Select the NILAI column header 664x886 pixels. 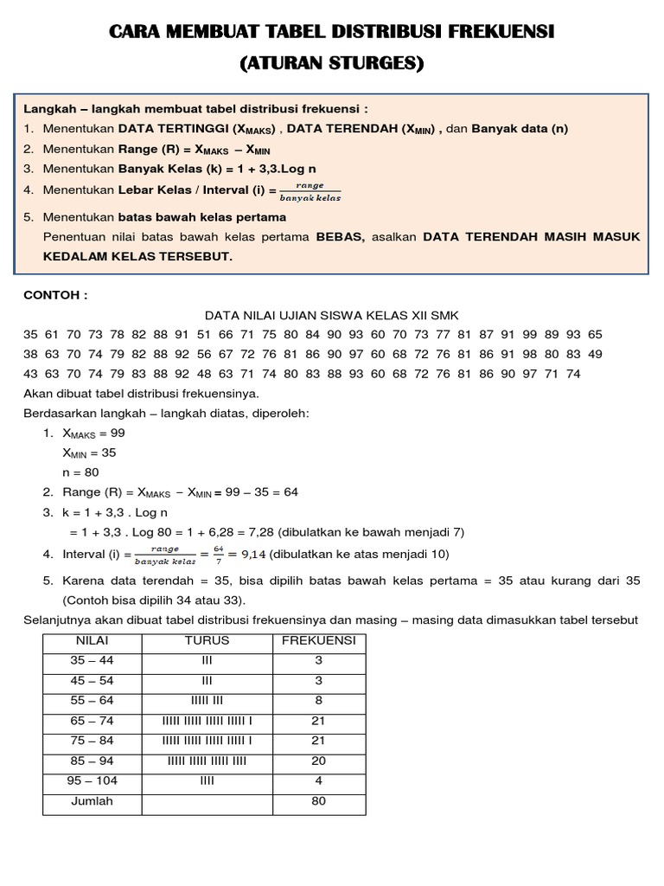pos(93,641)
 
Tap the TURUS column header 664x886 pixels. pos(207,641)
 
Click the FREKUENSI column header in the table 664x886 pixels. pos(318,641)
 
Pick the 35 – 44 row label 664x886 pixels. pos(93,661)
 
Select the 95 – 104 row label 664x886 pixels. pos(93,781)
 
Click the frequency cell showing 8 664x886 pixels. pos(318,701)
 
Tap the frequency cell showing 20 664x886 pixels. pos(318,761)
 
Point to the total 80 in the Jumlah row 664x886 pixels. pos(318,801)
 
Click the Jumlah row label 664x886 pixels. pos(93,801)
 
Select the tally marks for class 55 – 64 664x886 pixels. pos(207,701)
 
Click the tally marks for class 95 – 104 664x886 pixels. pos(207,781)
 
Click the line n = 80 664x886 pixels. pos(81,472)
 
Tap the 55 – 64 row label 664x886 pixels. pos(93,701)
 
